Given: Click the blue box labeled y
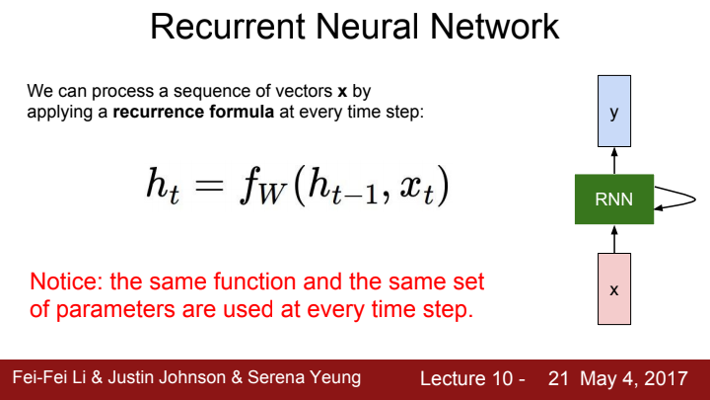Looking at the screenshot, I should pyautogui.click(x=613, y=113).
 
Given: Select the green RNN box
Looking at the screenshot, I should pyautogui.click(x=613, y=200).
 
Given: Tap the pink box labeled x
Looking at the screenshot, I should pyautogui.click(x=613, y=289).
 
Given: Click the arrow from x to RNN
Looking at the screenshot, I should pyautogui.click(x=613, y=238).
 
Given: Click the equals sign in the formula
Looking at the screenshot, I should pyautogui.click(x=211, y=187).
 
